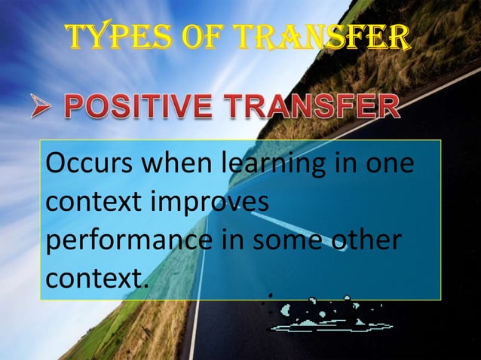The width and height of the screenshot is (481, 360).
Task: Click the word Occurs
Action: tap(86, 163)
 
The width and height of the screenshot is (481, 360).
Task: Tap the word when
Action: tap(164, 163)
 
